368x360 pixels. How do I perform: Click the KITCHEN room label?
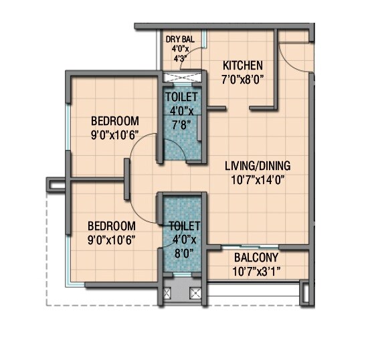click(x=243, y=66)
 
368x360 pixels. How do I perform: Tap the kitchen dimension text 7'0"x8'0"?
click(x=243, y=79)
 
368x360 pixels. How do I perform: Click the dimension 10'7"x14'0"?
click(x=258, y=179)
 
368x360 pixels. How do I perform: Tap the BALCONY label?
click(x=256, y=258)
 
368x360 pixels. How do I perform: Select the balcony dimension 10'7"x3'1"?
click(x=256, y=271)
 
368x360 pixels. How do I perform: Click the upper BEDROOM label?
click(x=114, y=121)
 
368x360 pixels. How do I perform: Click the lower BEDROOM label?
click(x=112, y=226)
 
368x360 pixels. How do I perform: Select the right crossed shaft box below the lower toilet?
click(x=195, y=292)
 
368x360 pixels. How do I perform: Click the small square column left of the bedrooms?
click(x=53, y=181)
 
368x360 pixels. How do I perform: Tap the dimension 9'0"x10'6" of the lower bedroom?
click(x=112, y=239)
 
